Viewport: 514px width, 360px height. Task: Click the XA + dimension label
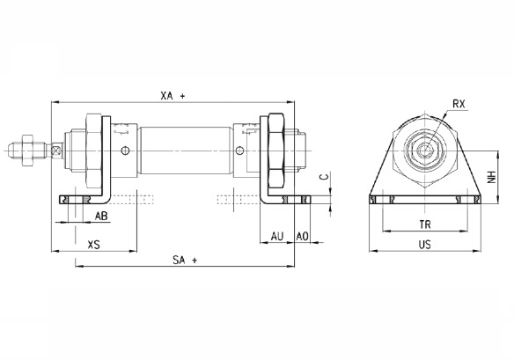coord(173,96)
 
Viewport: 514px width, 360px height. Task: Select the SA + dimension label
coord(185,261)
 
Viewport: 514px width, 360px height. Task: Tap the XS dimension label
coord(94,245)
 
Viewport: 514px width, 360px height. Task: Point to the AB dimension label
coord(101,216)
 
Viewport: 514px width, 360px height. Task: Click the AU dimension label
coord(277,236)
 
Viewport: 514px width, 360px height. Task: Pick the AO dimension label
coord(302,236)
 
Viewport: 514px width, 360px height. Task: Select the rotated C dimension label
coord(324,177)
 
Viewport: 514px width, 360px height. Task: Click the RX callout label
coord(459,104)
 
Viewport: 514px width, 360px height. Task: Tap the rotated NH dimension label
coord(491,177)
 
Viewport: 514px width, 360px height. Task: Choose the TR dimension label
coord(425,224)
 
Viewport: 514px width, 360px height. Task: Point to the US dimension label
coord(425,245)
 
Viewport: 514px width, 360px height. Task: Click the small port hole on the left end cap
coord(125,151)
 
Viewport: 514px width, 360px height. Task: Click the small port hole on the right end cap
coord(240,151)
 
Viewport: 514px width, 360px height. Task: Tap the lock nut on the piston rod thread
coord(26,151)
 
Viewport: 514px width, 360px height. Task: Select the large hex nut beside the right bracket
coord(276,151)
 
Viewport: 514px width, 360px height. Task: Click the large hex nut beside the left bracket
coord(94,151)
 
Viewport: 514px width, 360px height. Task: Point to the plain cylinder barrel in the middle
coord(186,151)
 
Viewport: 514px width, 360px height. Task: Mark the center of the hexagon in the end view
coord(425,151)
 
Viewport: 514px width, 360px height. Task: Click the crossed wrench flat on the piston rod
coord(56,151)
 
